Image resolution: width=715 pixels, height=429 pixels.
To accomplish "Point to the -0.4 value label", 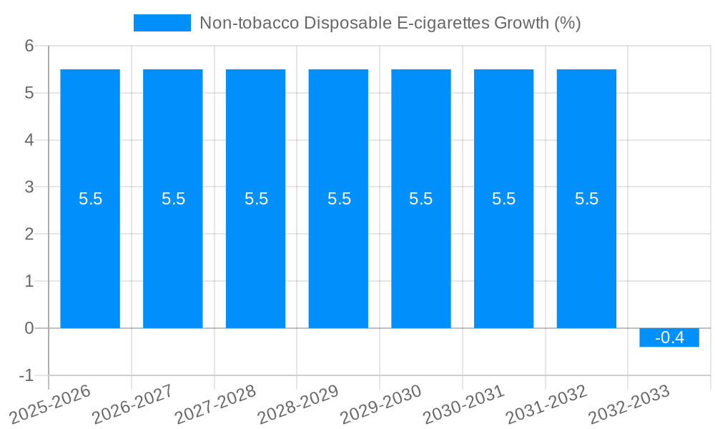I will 669,337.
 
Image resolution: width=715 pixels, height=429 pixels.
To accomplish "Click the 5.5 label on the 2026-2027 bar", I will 173,199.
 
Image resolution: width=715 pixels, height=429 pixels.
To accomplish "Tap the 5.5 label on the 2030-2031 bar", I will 504,199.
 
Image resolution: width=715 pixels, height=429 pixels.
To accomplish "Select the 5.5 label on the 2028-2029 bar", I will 339,199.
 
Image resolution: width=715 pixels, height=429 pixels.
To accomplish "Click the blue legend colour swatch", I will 162,23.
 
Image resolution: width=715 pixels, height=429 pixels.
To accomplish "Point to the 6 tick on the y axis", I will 29,46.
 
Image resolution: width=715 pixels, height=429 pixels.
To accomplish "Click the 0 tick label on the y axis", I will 29,328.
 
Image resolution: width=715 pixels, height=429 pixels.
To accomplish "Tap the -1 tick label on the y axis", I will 26,375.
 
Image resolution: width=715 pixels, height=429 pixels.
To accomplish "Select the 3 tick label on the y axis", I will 29,187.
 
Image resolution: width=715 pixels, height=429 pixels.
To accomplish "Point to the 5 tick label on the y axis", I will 29,93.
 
